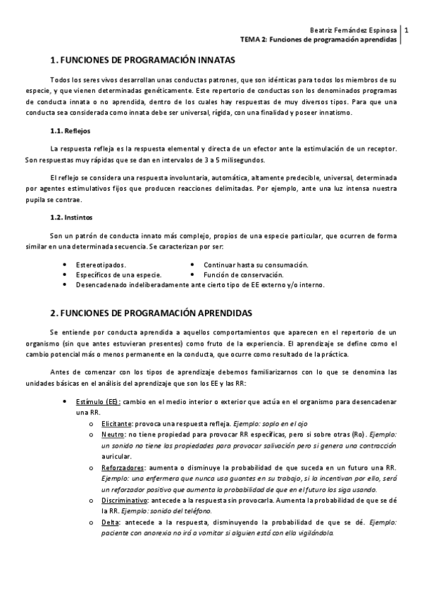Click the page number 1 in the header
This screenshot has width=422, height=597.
[x=407, y=31]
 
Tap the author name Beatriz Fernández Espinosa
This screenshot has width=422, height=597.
[x=354, y=31]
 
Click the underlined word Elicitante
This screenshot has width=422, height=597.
[x=116, y=425]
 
